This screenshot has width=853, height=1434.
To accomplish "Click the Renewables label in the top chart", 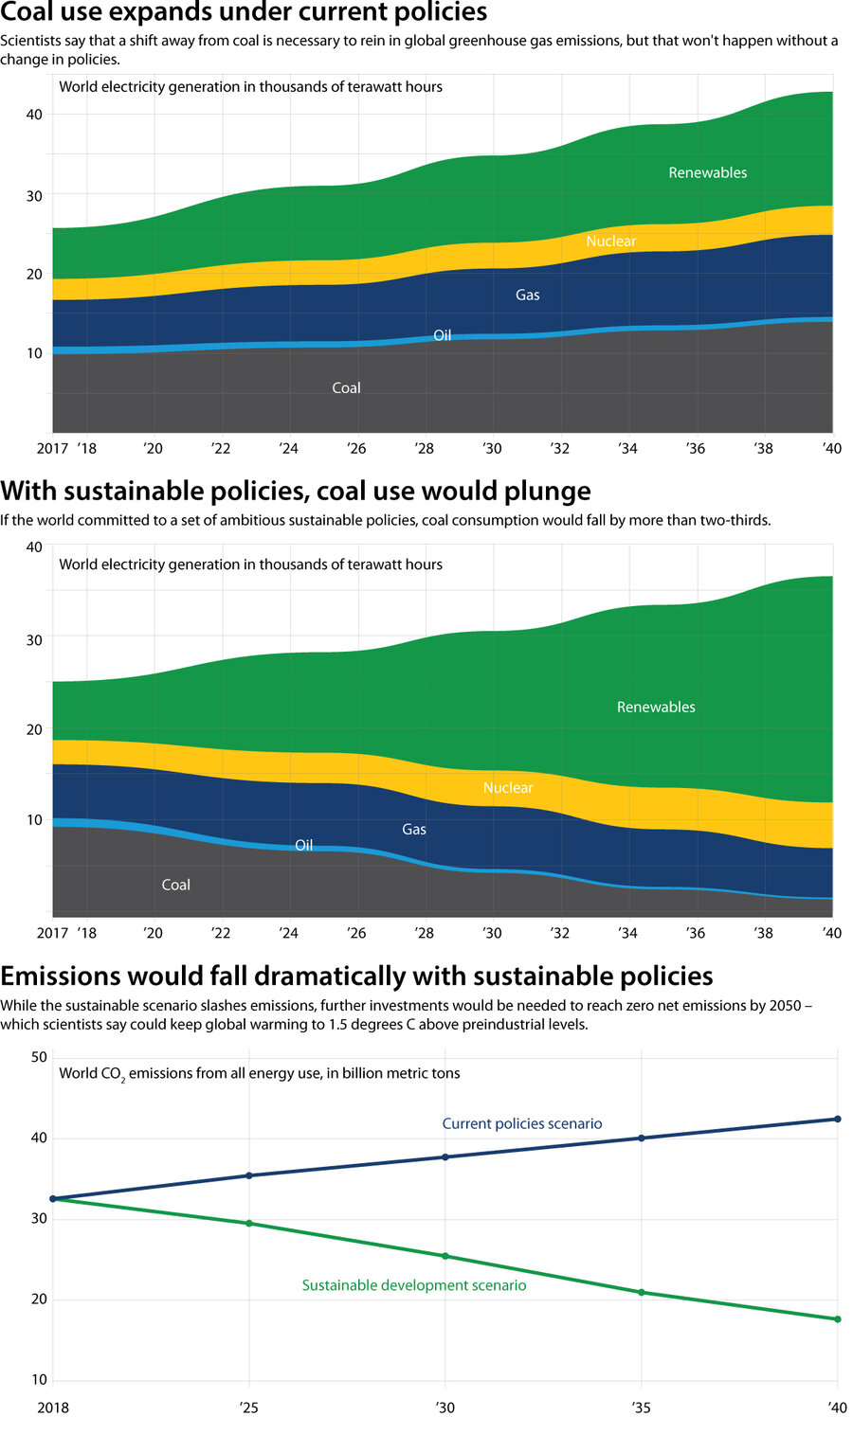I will click(707, 172).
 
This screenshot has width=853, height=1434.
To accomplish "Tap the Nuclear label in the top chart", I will click(610, 242).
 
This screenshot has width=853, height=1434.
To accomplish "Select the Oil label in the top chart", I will click(442, 335).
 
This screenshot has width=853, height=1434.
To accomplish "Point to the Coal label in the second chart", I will click(175, 885).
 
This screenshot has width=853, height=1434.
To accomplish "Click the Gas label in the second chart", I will click(414, 830).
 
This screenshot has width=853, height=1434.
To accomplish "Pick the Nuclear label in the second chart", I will click(507, 788).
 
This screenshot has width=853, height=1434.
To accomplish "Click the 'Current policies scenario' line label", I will click(521, 1124).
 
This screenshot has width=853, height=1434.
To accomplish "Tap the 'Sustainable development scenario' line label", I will click(413, 1285).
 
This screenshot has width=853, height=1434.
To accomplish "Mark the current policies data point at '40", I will click(837, 1120).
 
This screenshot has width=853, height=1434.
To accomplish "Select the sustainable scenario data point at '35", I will click(642, 1292).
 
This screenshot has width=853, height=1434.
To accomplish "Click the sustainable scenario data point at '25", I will click(249, 1224).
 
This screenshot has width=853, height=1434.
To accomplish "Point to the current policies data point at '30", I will click(445, 1157).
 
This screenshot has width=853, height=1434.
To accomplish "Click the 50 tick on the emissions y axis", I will click(39, 1057).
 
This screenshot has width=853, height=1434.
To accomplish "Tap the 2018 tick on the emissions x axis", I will click(53, 1407).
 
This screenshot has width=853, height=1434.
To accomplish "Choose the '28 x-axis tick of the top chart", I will click(424, 449).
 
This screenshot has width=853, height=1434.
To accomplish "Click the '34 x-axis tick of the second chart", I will click(627, 933).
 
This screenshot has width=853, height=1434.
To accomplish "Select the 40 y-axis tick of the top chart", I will click(34, 115).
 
